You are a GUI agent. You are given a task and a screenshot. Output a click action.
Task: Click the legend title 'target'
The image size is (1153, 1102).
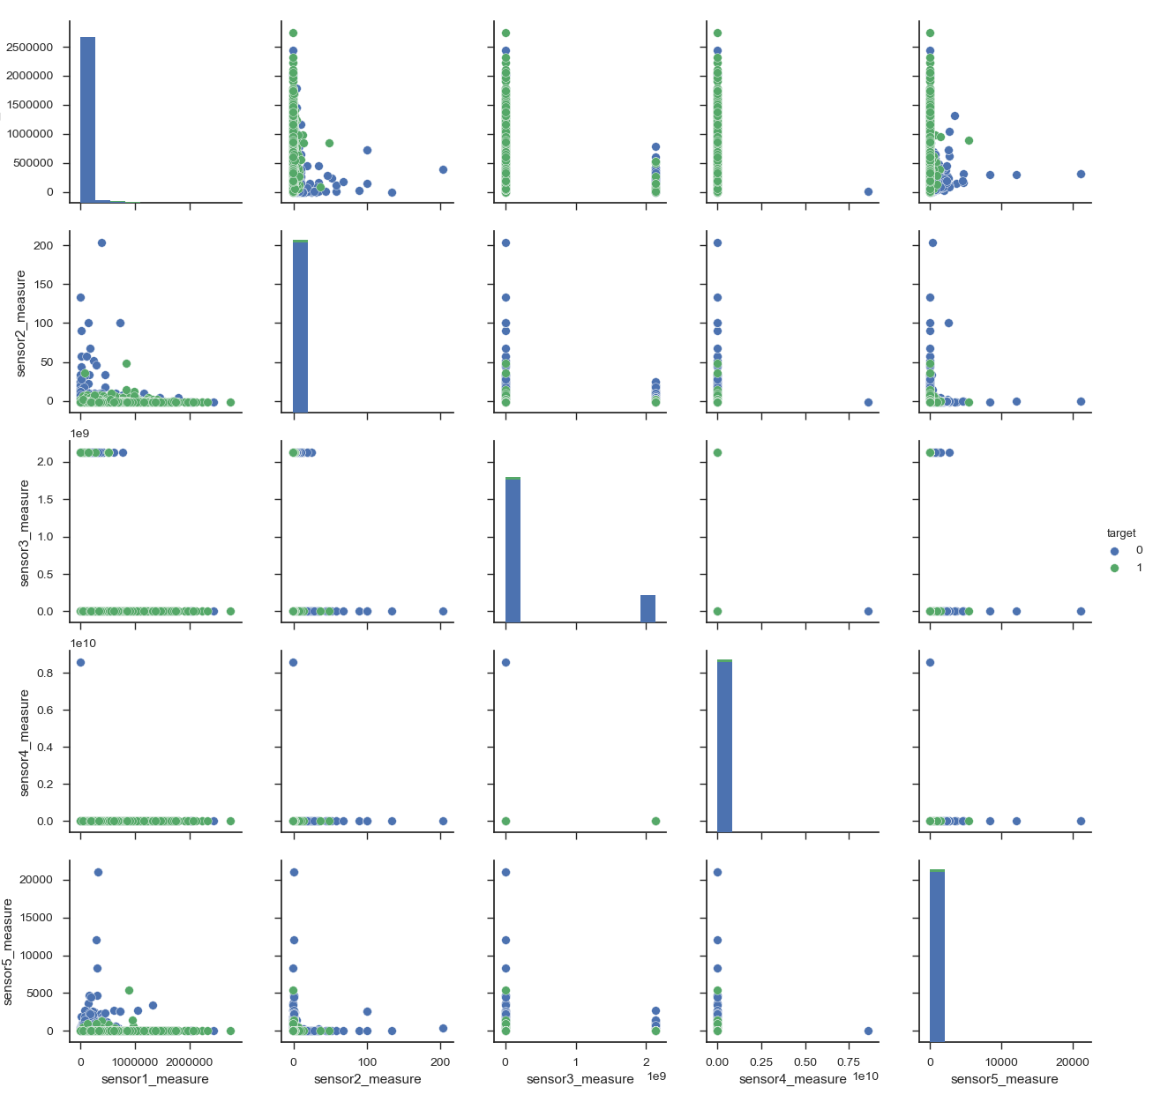pyautogui.click(x=1121, y=533)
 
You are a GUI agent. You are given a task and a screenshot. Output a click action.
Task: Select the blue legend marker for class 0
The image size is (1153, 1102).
pyautogui.click(x=1114, y=550)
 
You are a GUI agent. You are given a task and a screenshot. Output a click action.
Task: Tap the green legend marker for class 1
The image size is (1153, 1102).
pyautogui.click(x=1114, y=568)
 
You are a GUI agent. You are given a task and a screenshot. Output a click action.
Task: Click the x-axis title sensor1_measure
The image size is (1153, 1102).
pyautogui.click(x=155, y=1079)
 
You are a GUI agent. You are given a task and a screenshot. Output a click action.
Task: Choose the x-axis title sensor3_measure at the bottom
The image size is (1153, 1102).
pyautogui.click(x=580, y=1079)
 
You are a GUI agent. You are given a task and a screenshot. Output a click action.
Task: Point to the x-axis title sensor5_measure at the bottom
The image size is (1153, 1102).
pyautogui.click(x=1004, y=1079)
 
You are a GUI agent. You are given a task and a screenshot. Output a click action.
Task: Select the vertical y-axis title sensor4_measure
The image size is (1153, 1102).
pyautogui.click(x=24, y=743)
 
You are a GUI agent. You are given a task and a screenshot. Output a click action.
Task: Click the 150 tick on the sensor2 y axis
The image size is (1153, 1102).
pyautogui.click(x=49, y=285)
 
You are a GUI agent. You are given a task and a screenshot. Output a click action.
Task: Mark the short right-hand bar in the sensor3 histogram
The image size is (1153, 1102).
pyautogui.click(x=648, y=608)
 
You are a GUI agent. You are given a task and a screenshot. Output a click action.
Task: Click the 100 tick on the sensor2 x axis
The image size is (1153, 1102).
pyautogui.click(x=367, y=1061)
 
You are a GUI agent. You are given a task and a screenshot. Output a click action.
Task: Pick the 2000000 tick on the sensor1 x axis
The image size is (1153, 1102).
pyautogui.click(x=190, y=1061)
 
